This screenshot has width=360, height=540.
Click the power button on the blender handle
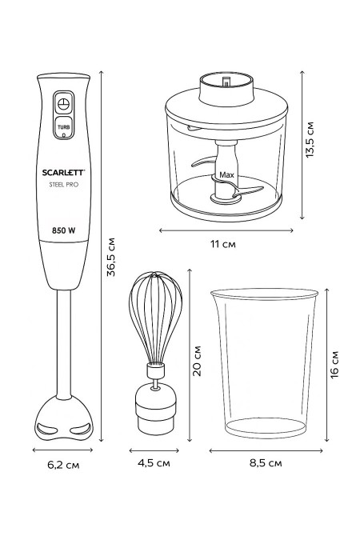tap(63, 103)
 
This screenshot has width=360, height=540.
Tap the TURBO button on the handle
tap(63, 127)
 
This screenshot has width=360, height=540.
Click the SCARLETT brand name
tap(63, 172)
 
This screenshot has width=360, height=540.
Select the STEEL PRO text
tap(64, 185)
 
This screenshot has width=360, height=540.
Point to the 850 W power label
tap(64, 230)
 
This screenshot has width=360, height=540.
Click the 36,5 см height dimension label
tap(111, 257)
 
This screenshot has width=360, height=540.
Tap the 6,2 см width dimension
tap(63, 465)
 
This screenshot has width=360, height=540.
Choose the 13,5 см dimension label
tap(310, 139)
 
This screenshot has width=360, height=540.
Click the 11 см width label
tap(223, 244)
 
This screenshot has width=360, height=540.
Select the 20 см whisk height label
tap(197, 361)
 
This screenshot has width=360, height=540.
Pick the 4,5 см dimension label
tap(154, 463)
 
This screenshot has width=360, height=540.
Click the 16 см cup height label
tap(334, 365)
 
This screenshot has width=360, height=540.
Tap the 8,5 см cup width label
tap(266, 463)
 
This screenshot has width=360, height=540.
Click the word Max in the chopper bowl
tap(226, 175)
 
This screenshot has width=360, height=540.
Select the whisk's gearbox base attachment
tap(156, 409)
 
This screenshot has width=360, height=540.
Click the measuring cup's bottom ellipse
tap(266, 427)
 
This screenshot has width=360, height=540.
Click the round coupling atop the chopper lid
tap(226, 89)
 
